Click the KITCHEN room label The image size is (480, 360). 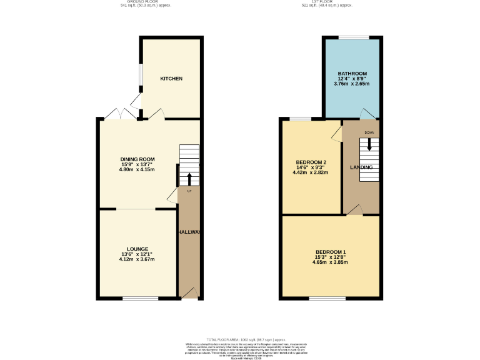click(x=171, y=79)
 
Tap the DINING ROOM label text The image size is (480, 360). click(x=137, y=159)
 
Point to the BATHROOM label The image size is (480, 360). click(x=352, y=74)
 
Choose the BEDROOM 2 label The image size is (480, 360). click(x=311, y=162)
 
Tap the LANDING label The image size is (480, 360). click(x=361, y=167)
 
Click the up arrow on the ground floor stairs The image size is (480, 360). click(x=189, y=178)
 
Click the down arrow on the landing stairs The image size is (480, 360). click(x=369, y=144)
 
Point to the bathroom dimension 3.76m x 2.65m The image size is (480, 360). click(x=352, y=84)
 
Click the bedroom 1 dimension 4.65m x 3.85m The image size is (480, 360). click(x=330, y=262)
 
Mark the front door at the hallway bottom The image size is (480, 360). click(x=189, y=294)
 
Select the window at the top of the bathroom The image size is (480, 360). click(x=353, y=37)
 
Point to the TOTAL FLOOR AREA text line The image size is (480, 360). click(x=241, y=339)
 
